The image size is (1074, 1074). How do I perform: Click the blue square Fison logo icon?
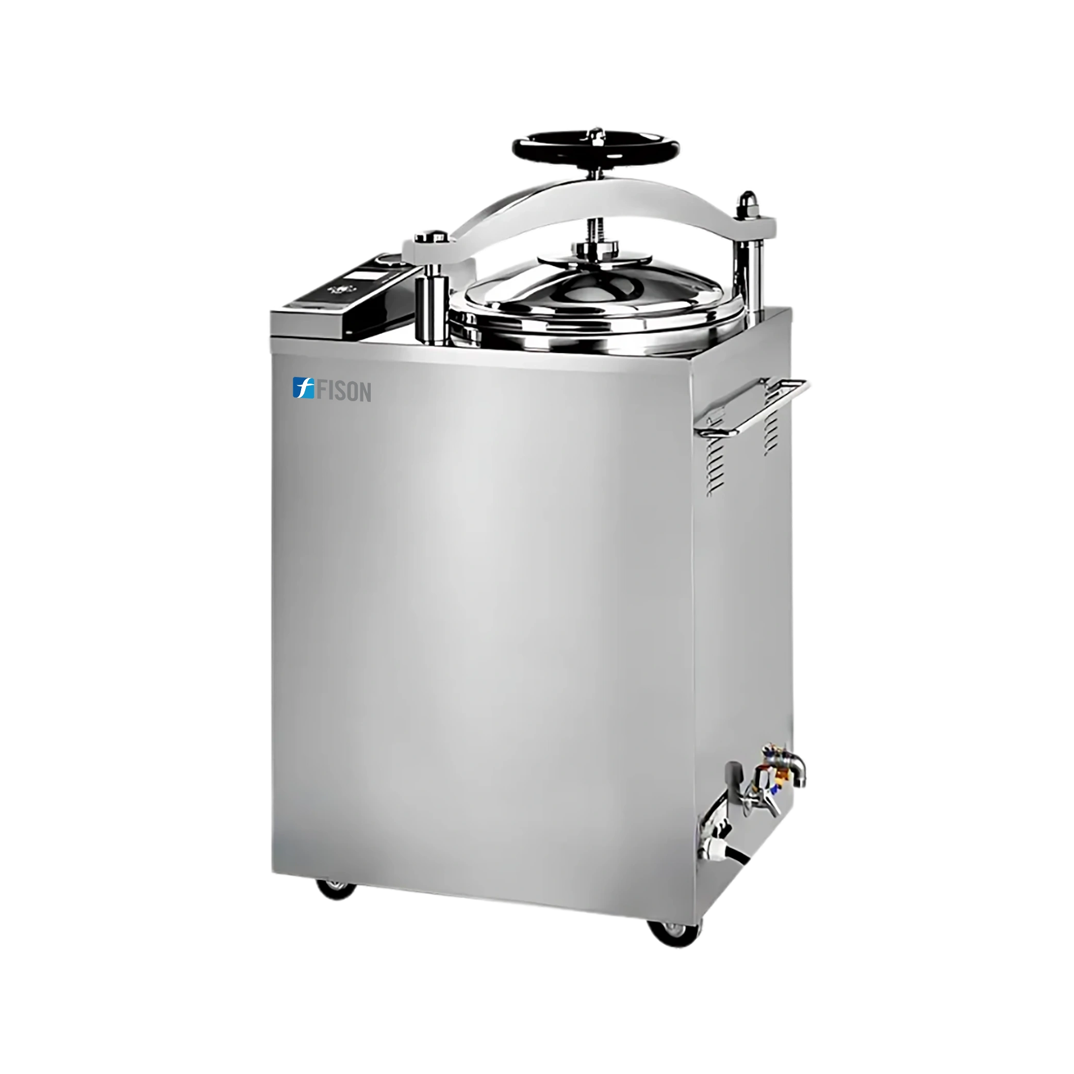(x=303, y=388)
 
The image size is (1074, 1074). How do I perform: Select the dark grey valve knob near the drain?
(x=733, y=774)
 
